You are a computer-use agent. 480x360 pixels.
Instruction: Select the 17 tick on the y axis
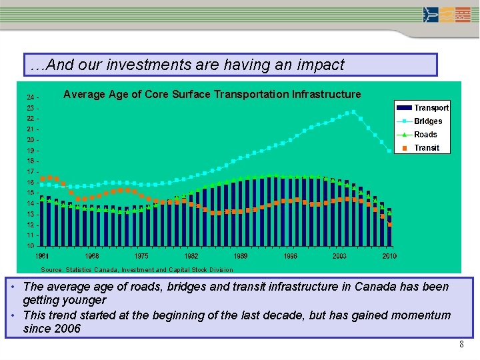point(31,172)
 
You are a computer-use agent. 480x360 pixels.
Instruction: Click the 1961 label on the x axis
point(42,256)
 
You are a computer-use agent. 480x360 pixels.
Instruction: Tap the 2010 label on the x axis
point(389,256)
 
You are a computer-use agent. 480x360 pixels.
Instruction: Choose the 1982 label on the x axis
point(191,256)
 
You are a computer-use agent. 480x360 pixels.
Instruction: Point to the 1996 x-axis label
point(290,256)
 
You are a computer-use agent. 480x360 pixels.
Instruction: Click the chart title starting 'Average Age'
point(212,95)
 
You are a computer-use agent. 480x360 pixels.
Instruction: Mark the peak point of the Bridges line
point(353,112)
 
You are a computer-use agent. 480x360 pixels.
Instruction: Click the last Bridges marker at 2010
point(389,151)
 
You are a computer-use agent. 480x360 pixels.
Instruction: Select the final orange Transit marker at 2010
point(389,225)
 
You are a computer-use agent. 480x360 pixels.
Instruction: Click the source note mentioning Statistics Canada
point(137,270)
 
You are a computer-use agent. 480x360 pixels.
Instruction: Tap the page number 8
point(461,345)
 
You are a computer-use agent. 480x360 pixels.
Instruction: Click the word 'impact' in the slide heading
point(322,65)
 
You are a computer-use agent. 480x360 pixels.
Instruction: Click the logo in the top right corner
point(447,15)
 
